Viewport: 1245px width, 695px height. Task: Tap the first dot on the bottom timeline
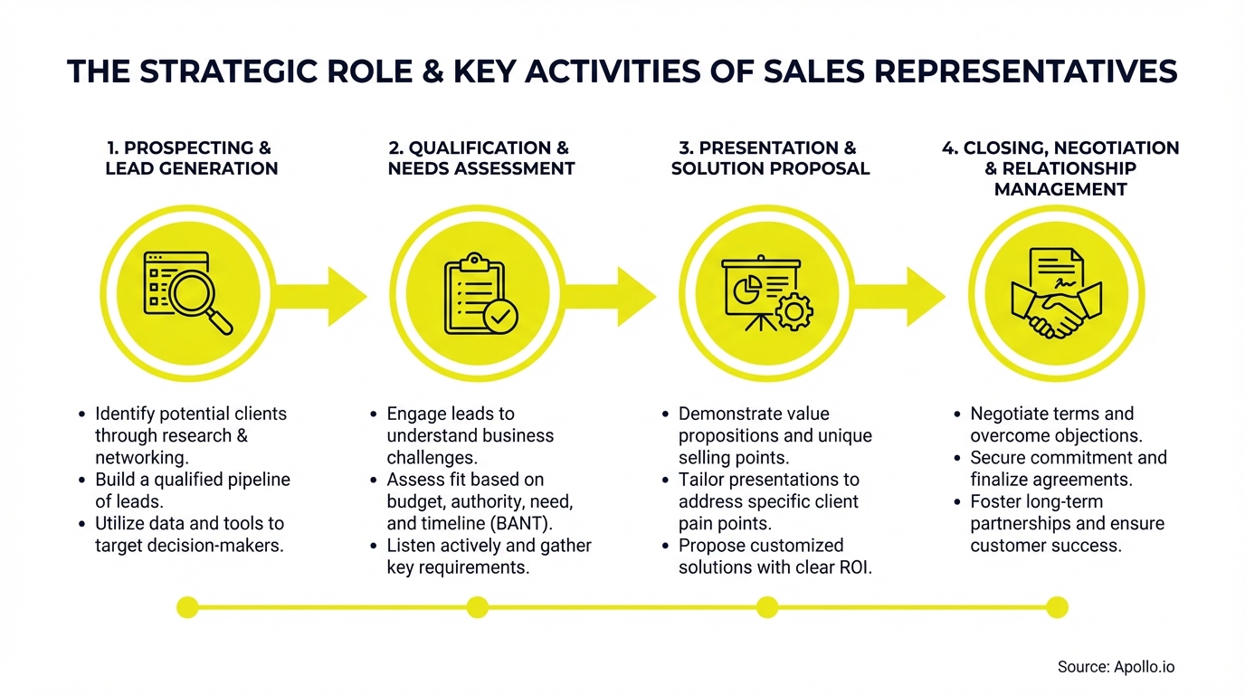187,607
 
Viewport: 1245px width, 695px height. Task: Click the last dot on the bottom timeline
1057,607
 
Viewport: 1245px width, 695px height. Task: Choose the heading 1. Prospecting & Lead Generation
191,157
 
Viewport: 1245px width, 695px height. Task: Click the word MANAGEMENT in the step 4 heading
1060,189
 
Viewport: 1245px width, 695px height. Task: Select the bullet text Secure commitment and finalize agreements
1068,469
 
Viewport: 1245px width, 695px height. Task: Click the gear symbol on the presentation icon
794,311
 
